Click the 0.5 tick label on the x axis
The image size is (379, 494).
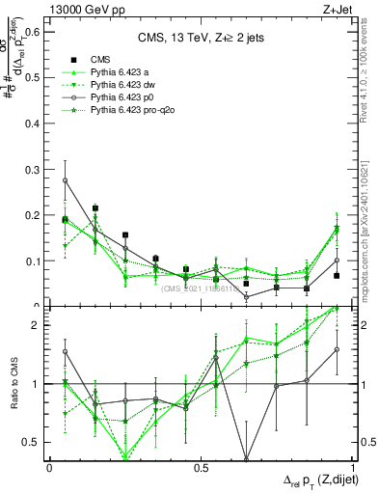click(x=200, y=467)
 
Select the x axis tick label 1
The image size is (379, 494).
click(x=352, y=467)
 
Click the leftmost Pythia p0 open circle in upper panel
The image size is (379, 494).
click(x=65, y=180)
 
